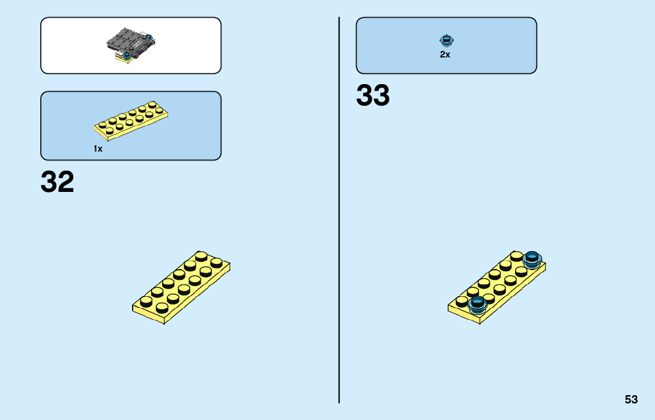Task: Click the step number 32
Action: coord(57,182)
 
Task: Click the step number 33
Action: coord(373,96)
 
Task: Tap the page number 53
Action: coord(631,399)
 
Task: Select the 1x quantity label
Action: coord(98,149)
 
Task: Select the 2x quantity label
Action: coord(445,54)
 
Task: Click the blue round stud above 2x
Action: coord(445,41)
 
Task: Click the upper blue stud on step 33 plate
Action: coord(532,259)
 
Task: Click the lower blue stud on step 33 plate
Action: coord(477,304)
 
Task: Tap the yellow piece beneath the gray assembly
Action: coord(123,57)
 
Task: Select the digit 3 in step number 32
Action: coord(49,182)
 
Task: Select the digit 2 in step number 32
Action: coord(66,182)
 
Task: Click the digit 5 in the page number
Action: coord(627,399)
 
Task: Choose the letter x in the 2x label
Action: coord(447,55)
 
